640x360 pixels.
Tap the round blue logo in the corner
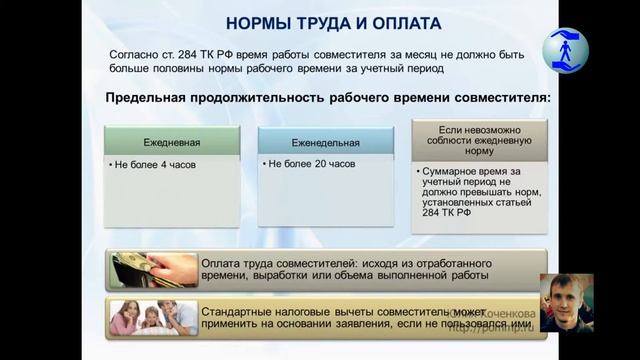tap(565, 49)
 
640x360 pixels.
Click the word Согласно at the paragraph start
tap(133, 57)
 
